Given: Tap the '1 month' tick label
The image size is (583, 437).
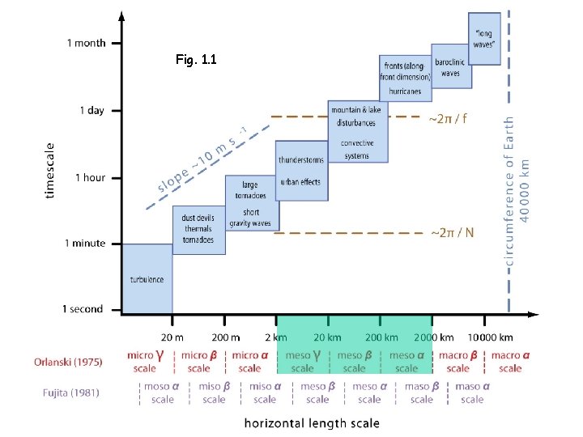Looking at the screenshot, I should click(86, 43).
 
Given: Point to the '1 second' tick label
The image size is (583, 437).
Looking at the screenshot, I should click(83, 309).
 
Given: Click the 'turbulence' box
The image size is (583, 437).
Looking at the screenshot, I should click(147, 279).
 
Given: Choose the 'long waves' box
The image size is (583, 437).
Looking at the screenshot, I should click(484, 38).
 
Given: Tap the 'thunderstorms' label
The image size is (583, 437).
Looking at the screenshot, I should click(301, 159).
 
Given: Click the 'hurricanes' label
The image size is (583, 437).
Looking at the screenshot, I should click(405, 92).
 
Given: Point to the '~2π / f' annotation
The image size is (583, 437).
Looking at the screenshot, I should click(448, 119).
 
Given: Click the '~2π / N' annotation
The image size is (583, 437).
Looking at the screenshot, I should click(452, 233).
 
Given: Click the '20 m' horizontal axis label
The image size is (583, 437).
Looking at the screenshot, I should click(172, 337).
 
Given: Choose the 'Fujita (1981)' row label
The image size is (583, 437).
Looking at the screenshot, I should click(71, 393).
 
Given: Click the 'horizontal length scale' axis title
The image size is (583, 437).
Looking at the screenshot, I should click(312, 422).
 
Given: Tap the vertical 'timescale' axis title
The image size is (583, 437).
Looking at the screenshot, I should click(50, 171).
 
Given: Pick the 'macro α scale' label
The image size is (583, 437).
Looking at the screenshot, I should click(510, 362).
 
